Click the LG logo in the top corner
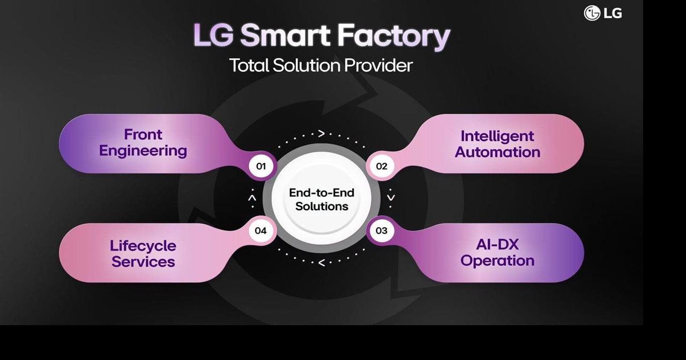coord(602,13)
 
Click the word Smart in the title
coord(285,36)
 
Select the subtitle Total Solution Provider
coord(321,65)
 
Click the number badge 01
coord(261,166)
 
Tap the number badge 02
coord(381,166)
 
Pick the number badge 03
coord(381,231)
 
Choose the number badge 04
coord(261,231)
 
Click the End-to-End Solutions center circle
coord(322,199)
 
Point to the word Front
coord(143,134)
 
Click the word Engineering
coord(143,151)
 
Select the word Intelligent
coord(497,136)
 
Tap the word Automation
coord(497,152)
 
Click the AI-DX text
coord(497,244)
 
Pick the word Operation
coord(497,261)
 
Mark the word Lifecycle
coord(143,245)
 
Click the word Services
coord(143,262)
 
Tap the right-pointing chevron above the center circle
coord(322,133)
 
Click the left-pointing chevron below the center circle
coord(322,263)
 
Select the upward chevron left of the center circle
coord(252,198)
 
